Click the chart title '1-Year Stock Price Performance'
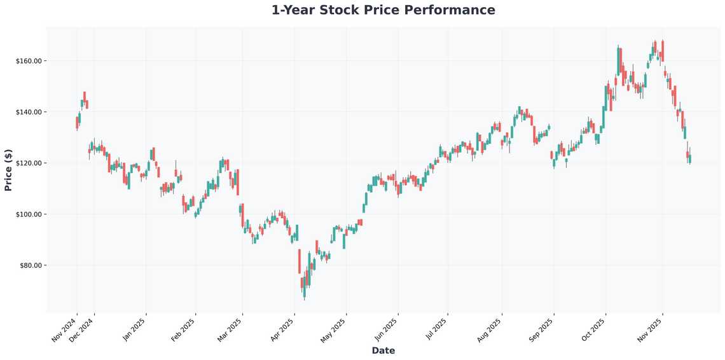tap(383, 10)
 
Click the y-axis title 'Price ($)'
tap(8, 170)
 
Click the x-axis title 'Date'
tap(383, 350)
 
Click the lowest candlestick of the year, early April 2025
tap(304, 289)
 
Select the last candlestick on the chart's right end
tap(690, 158)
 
